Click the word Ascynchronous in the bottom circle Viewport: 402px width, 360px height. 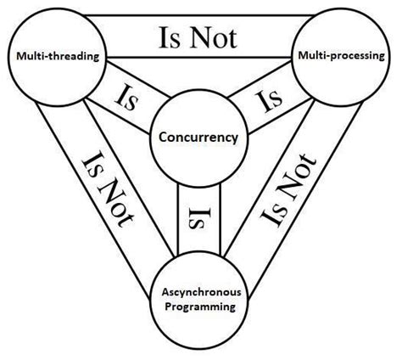tap(195, 294)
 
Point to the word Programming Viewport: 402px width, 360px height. tap(195, 307)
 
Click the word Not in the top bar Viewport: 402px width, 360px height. tap(215, 37)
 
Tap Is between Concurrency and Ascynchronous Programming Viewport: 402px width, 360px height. tap(193, 218)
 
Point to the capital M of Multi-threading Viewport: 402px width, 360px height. tap(18, 57)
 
